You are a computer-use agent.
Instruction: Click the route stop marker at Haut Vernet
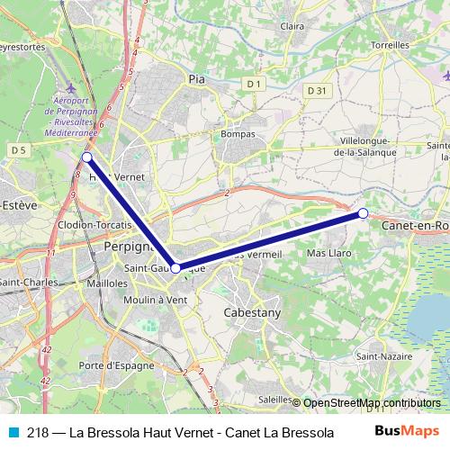(86, 157)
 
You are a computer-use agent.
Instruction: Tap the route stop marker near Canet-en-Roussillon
(363, 213)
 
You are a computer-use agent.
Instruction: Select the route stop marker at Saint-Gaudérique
(176, 267)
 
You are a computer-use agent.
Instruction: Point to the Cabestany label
(251, 312)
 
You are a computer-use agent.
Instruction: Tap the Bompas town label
(238, 134)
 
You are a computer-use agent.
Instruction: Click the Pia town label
(197, 79)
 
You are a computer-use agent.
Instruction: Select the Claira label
(292, 27)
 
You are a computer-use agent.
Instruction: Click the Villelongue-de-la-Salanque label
(376, 147)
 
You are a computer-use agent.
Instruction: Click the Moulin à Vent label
(157, 299)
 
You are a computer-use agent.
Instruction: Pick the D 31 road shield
(315, 90)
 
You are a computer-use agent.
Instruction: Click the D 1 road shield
(256, 84)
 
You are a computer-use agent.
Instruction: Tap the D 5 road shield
(17, 148)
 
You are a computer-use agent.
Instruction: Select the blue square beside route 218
(12, 431)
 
